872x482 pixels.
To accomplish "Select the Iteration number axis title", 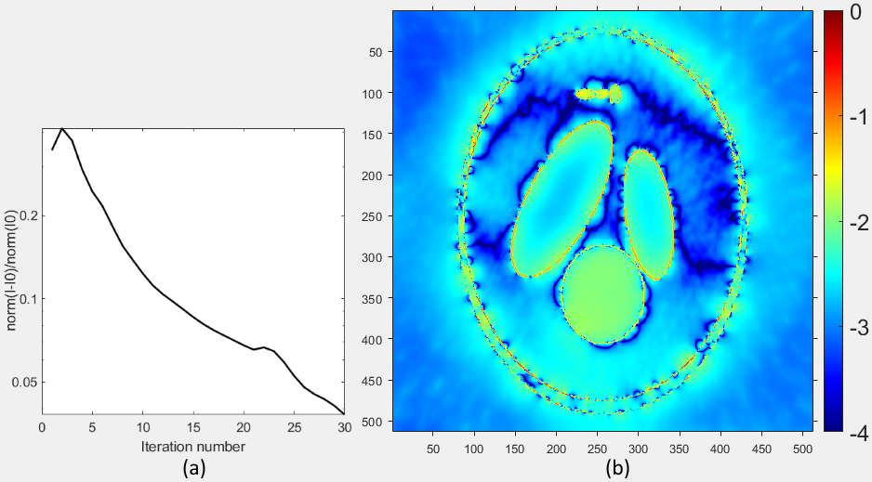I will pos(193,447).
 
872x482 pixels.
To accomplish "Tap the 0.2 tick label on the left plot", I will pos(26,215).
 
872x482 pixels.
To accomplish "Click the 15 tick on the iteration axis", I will pos(193,427).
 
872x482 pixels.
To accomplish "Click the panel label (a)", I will pos(193,468).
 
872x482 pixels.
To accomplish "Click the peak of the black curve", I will pos(62,128).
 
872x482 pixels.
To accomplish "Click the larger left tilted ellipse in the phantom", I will pos(562,199).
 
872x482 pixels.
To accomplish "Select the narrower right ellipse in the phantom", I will pos(649,214).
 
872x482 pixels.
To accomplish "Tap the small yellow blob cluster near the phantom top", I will pos(598,94).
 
